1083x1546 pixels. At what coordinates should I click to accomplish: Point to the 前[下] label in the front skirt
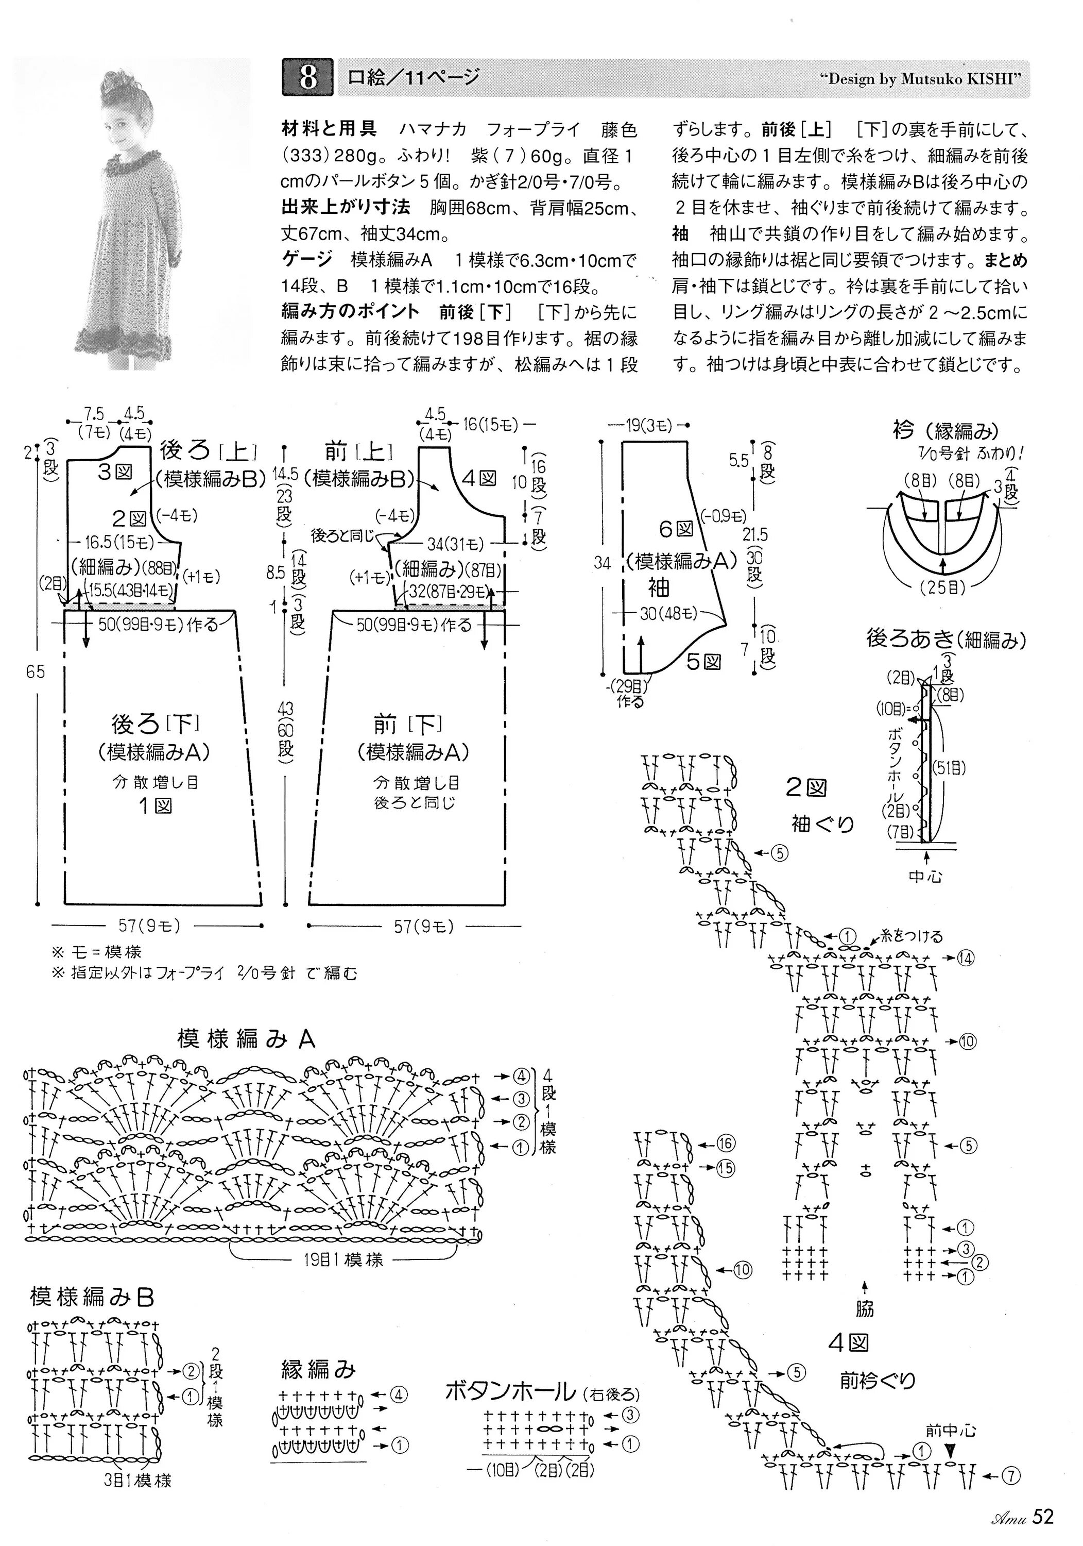(408, 725)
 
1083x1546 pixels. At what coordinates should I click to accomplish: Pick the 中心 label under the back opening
(925, 877)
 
